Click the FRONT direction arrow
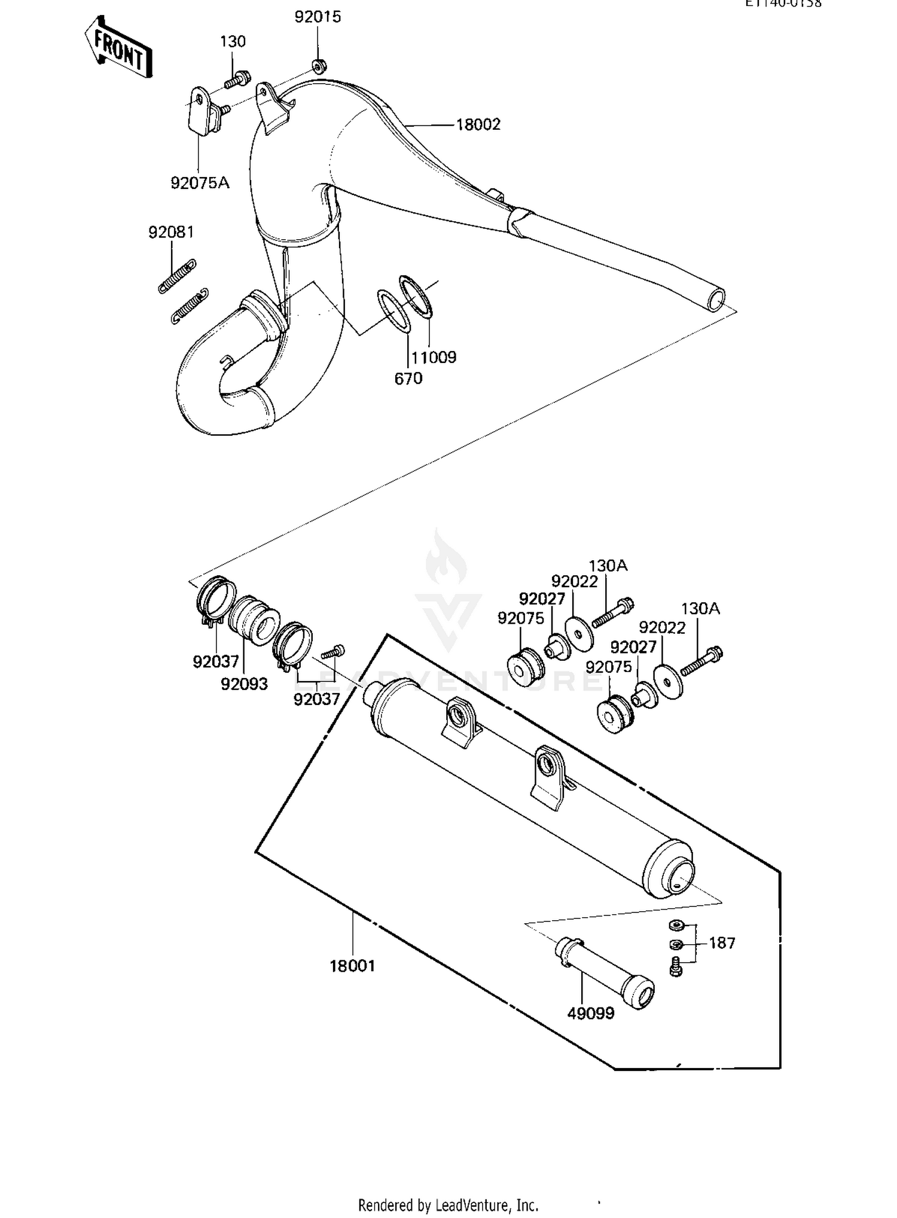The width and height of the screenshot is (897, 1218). tap(118, 48)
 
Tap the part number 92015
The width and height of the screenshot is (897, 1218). tap(318, 17)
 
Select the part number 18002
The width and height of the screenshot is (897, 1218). tap(478, 125)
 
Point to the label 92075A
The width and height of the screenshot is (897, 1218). tap(200, 183)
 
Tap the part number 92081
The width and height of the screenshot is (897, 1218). tap(171, 232)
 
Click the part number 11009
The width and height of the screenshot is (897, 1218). tap(434, 358)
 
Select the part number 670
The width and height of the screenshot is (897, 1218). tap(408, 378)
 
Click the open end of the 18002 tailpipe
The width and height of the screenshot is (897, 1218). tap(716, 299)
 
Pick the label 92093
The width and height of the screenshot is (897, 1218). tap(244, 684)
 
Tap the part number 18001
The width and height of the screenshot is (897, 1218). tap(352, 966)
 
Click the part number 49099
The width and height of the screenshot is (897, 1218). tap(590, 1014)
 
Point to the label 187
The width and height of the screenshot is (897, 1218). tap(722, 943)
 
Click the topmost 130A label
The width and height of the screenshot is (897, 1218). tap(608, 566)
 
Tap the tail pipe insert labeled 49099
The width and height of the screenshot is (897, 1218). tap(604, 969)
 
